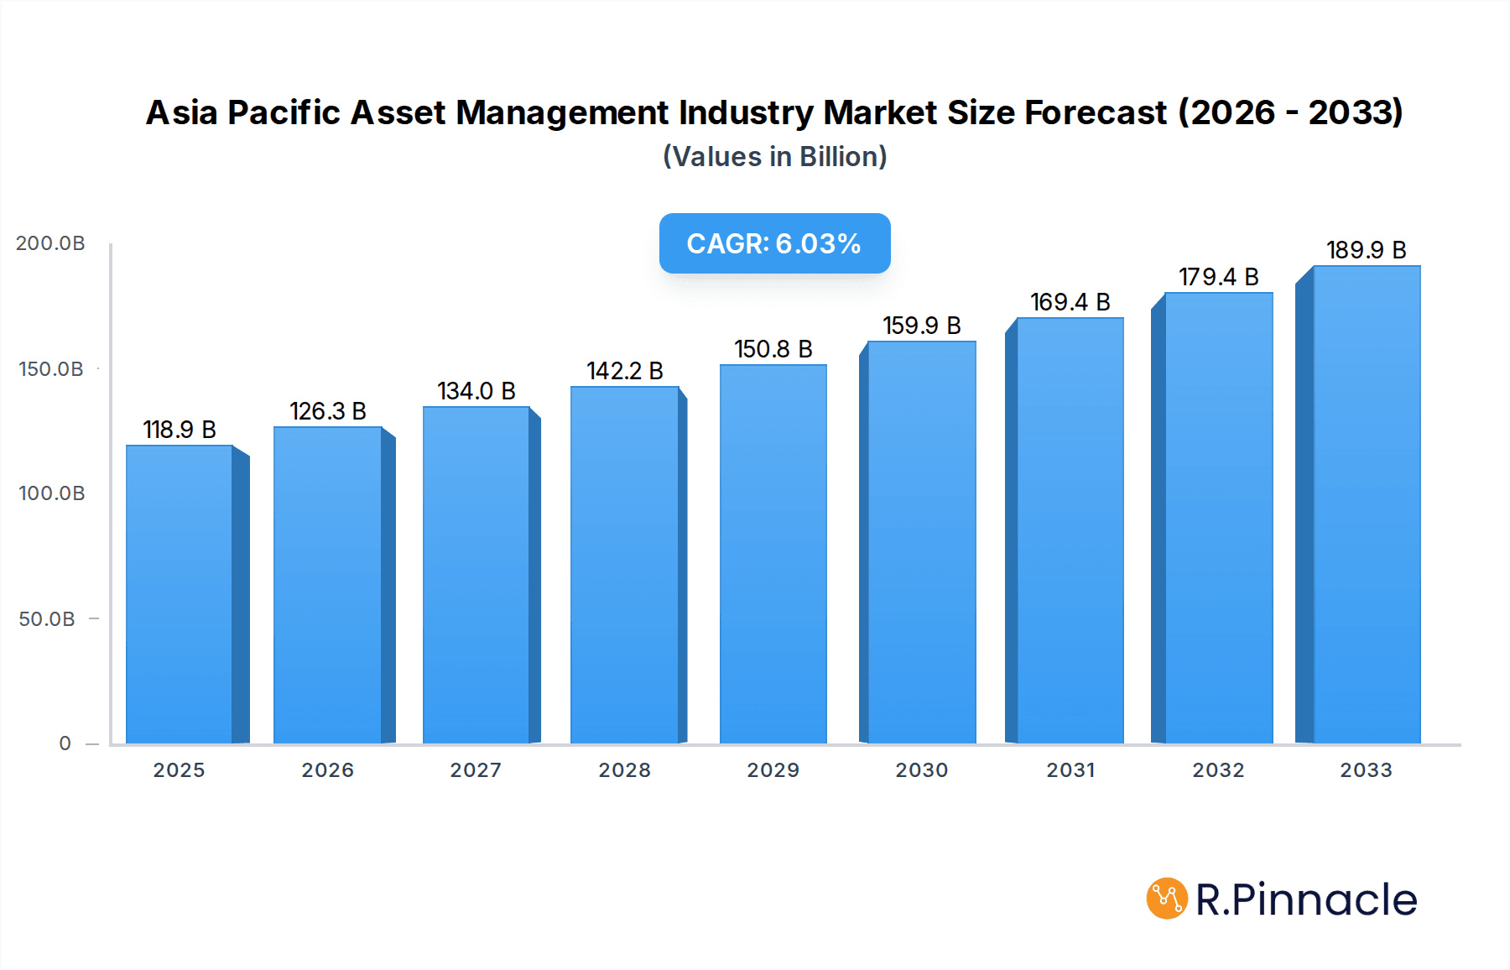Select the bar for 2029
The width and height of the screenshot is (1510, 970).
(773, 554)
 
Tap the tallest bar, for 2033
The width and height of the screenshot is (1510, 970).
(1366, 504)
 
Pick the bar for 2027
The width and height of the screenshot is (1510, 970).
(476, 575)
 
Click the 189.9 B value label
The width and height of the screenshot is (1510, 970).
(1366, 250)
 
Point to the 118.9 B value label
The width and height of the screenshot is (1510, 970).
(180, 430)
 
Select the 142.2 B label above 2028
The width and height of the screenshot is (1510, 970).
(624, 371)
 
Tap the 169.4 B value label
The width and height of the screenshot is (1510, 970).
(1070, 302)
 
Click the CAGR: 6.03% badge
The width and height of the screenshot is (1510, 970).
(774, 243)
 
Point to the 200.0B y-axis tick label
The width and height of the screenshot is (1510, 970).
(50, 243)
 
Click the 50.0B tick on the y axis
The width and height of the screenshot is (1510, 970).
(47, 619)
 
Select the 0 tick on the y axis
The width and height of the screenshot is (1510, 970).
(65, 743)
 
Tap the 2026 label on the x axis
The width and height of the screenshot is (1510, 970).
(327, 770)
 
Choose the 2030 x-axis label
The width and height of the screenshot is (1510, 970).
(921, 770)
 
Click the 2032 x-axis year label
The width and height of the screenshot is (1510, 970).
(1218, 770)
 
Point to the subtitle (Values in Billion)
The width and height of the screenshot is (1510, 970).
(774, 157)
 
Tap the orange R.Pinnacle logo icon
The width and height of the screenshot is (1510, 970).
(1167, 899)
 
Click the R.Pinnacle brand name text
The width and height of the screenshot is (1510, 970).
(1305, 900)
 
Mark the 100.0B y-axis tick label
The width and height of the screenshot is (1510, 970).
(51, 493)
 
